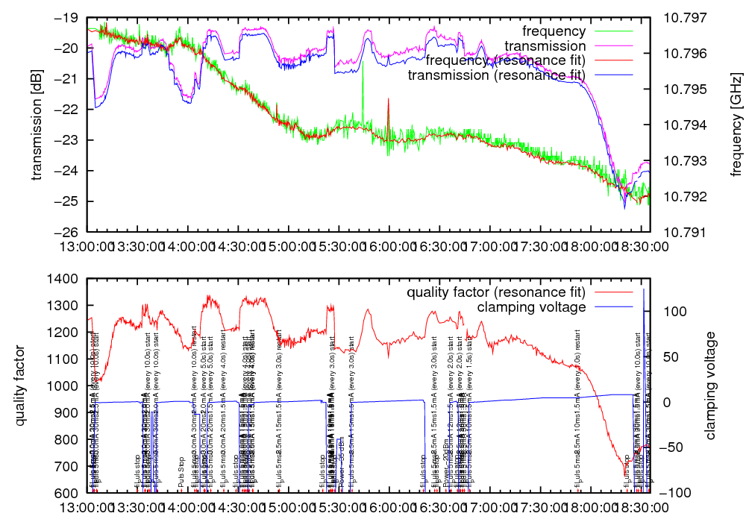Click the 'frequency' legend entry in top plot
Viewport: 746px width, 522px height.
point(554,31)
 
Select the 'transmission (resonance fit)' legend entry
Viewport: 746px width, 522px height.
point(496,75)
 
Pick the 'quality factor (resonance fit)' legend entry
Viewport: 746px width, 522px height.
point(496,292)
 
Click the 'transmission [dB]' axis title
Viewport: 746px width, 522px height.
point(36,123)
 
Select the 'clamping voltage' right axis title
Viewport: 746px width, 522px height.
point(712,386)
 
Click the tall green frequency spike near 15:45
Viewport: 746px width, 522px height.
point(363,89)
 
